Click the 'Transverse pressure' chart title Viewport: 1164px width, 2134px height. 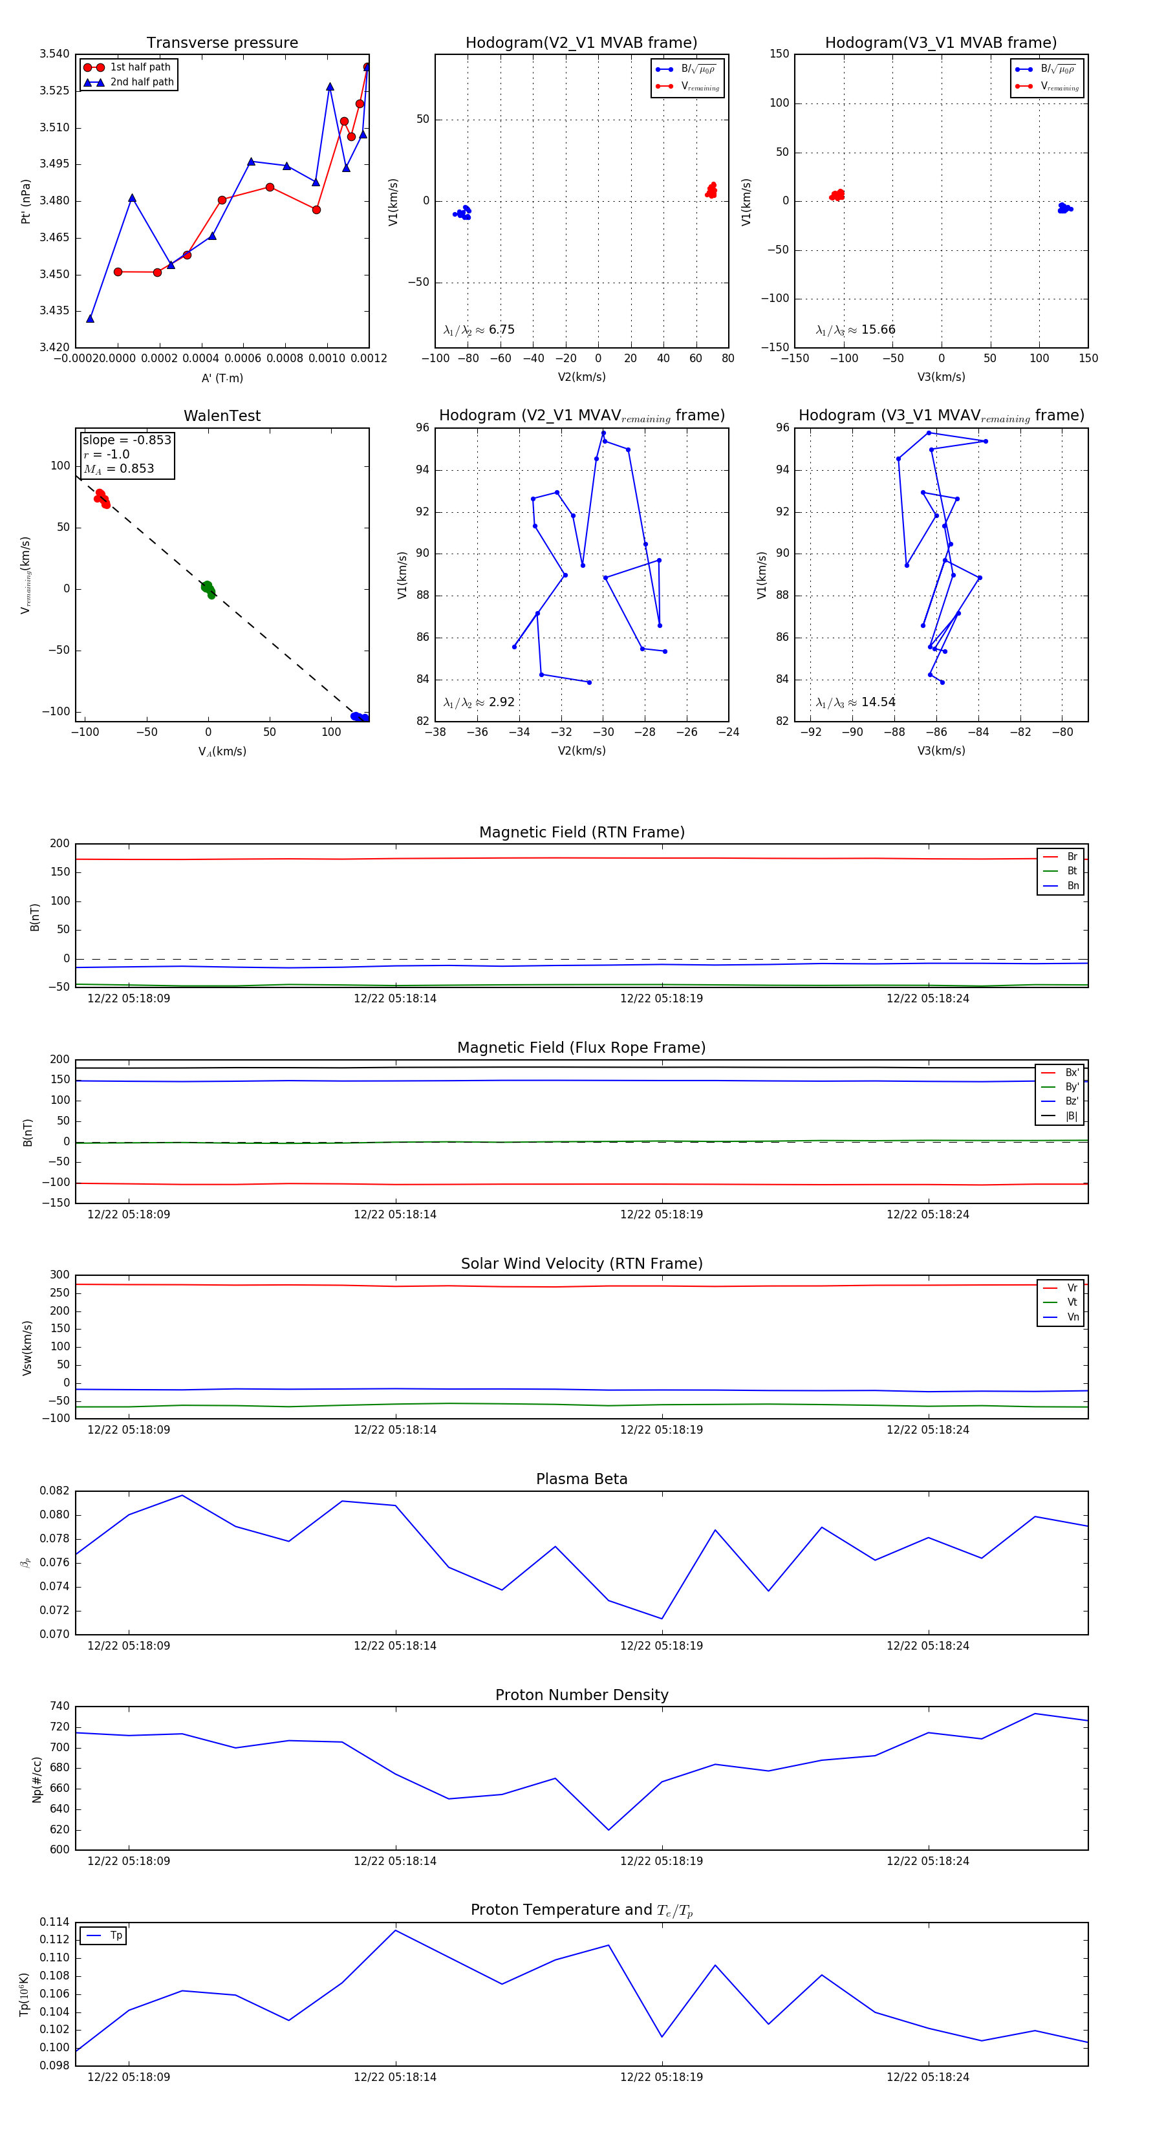point(222,43)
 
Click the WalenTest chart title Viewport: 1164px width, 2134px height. point(222,416)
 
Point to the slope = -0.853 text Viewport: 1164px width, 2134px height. point(127,440)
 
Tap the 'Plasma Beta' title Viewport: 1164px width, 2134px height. point(581,1479)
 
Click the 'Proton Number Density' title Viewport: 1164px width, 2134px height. point(581,1695)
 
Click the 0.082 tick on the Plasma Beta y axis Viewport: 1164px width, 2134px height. point(55,1491)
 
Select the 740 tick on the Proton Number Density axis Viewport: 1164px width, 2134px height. point(59,1707)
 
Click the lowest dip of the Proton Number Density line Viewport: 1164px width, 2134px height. point(609,1830)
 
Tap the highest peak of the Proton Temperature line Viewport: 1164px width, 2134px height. point(395,1930)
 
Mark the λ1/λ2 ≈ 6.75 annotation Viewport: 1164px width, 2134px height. point(479,330)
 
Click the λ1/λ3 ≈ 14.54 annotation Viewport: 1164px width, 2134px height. point(856,702)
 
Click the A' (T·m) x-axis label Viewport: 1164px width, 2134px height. point(222,378)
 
